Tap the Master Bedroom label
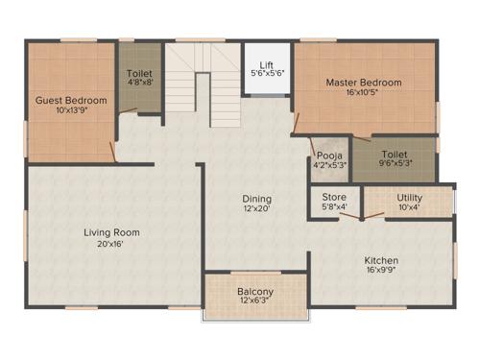(x=364, y=83)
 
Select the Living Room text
(x=111, y=232)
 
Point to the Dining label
(x=256, y=199)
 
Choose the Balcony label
(x=255, y=292)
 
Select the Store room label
(x=334, y=197)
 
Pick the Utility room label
(x=409, y=197)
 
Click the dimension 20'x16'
(x=111, y=244)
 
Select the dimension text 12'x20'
(x=256, y=210)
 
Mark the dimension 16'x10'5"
(x=364, y=94)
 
